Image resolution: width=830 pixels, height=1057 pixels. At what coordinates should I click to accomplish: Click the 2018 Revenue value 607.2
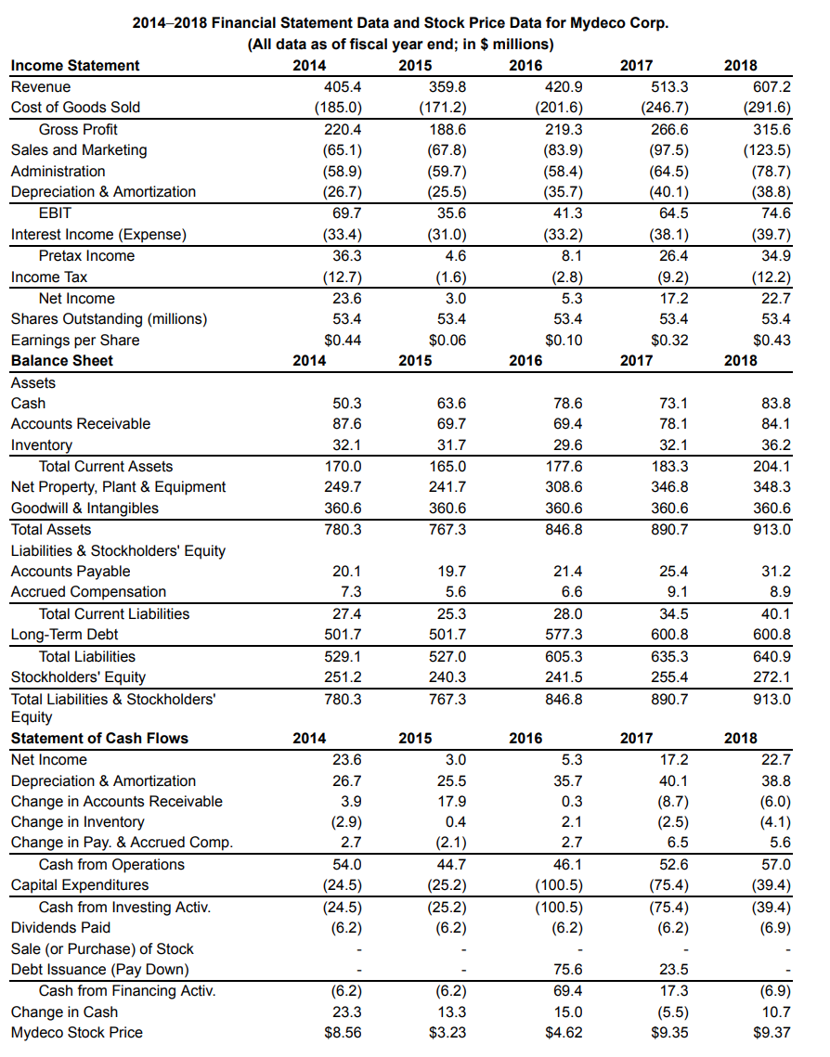772,86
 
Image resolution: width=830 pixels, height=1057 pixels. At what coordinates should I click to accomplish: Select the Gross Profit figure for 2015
450,129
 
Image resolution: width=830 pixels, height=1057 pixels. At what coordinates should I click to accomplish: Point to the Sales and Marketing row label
79,149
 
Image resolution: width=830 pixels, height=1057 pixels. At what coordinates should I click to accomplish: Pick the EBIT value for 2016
566,213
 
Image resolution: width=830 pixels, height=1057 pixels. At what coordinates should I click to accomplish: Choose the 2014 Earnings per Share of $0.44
343,340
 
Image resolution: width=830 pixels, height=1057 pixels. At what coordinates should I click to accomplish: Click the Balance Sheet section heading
62,360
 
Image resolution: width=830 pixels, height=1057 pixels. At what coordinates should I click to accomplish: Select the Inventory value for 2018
775,445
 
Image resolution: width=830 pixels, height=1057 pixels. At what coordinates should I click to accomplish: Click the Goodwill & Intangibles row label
84,508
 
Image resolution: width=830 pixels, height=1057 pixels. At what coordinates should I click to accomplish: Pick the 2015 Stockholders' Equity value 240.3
449,677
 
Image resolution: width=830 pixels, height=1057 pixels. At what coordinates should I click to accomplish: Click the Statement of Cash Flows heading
99,738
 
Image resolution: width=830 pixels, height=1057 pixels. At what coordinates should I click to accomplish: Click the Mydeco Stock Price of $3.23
448,1032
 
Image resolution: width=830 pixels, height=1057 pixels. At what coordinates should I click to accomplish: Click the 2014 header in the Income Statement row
309,65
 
